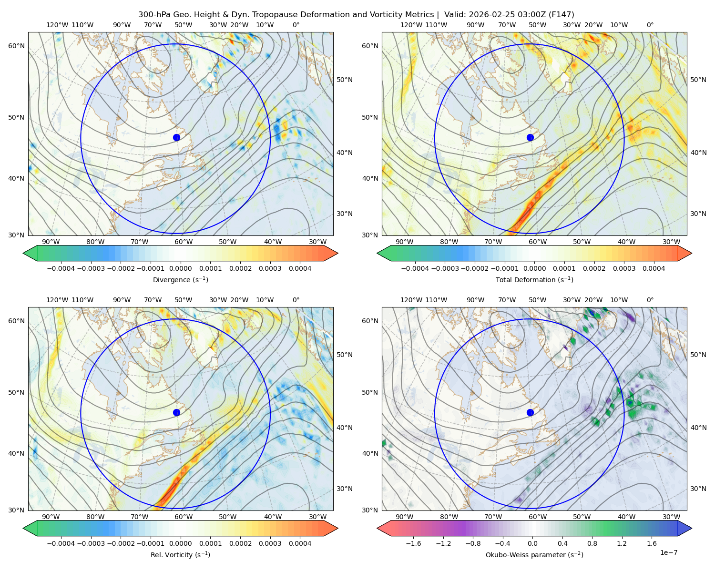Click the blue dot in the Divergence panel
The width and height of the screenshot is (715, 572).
point(176,137)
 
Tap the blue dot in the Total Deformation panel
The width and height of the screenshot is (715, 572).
point(530,137)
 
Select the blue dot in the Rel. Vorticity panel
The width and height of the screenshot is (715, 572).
point(176,412)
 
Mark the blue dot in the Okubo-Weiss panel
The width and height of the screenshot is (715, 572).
point(530,412)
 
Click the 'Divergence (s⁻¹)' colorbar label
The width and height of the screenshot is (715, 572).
point(180,279)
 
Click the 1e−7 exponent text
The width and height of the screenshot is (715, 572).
point(668,552)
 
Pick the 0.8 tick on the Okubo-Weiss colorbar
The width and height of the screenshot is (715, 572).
point(592,543)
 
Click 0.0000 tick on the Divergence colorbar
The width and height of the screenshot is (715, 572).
point(180,268)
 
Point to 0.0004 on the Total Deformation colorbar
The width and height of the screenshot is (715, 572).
point(654,268)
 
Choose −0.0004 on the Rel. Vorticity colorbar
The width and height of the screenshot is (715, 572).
point(61,543)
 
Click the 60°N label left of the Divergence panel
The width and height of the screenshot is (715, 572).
point(16,46)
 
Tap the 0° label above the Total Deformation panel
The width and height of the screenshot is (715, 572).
point(650,25)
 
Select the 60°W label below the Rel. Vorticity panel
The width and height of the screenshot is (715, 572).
point(184,517)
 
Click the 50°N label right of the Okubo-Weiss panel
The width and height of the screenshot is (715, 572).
point(698,354)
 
